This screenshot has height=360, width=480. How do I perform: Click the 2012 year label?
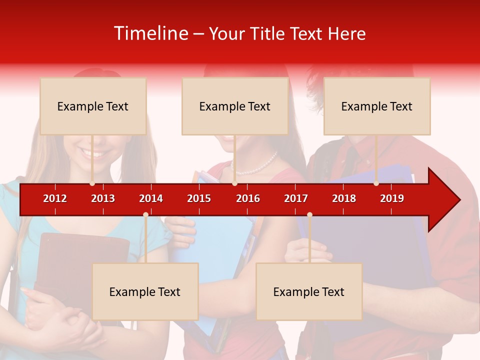(55, 198)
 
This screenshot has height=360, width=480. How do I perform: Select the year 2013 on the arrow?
(103, 198)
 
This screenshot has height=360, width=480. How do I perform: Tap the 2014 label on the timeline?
(151, 198)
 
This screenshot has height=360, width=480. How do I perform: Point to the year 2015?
(199, 198)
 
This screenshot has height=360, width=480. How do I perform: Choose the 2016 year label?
(248, 198)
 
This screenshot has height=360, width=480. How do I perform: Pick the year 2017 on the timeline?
(296, 198)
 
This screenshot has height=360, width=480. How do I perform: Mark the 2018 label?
(344, 198)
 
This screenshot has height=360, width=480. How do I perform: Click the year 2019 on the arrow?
(392, 198)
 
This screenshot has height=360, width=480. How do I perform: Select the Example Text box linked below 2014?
(145, 291)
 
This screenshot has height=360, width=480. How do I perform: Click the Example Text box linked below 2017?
(309, 291)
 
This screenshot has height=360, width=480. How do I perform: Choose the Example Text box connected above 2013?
(93, 106)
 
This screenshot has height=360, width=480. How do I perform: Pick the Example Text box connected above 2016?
(235, 106)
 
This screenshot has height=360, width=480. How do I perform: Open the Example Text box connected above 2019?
(377, 106)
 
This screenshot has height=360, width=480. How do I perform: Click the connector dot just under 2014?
(145, 214)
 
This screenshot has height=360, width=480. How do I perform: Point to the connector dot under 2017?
(309, 214)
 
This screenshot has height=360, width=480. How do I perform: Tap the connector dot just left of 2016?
(234, 183)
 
